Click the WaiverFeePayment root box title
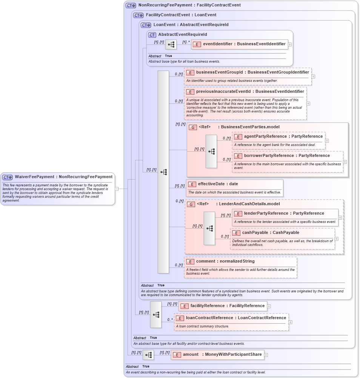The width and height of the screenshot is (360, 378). pos(63,177)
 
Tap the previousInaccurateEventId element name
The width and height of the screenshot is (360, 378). pos(250,92)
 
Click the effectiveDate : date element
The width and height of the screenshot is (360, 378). pos(218,184)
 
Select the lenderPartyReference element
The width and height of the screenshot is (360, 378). pos(278,214)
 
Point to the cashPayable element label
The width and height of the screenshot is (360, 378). pos(271,233)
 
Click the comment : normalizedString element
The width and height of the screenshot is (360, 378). pos(225,261)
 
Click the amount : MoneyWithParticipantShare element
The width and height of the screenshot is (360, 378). pos(217,355)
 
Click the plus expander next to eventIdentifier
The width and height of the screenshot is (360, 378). pos(290,44)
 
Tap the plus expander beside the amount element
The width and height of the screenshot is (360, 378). pos(266,355)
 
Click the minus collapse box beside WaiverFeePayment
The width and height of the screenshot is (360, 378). pos(117,189)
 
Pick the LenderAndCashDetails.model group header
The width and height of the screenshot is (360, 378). pos(247,204)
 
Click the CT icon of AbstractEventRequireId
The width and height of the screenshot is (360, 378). pos(152,35)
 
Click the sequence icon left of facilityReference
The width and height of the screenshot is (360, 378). pos(156,314)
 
